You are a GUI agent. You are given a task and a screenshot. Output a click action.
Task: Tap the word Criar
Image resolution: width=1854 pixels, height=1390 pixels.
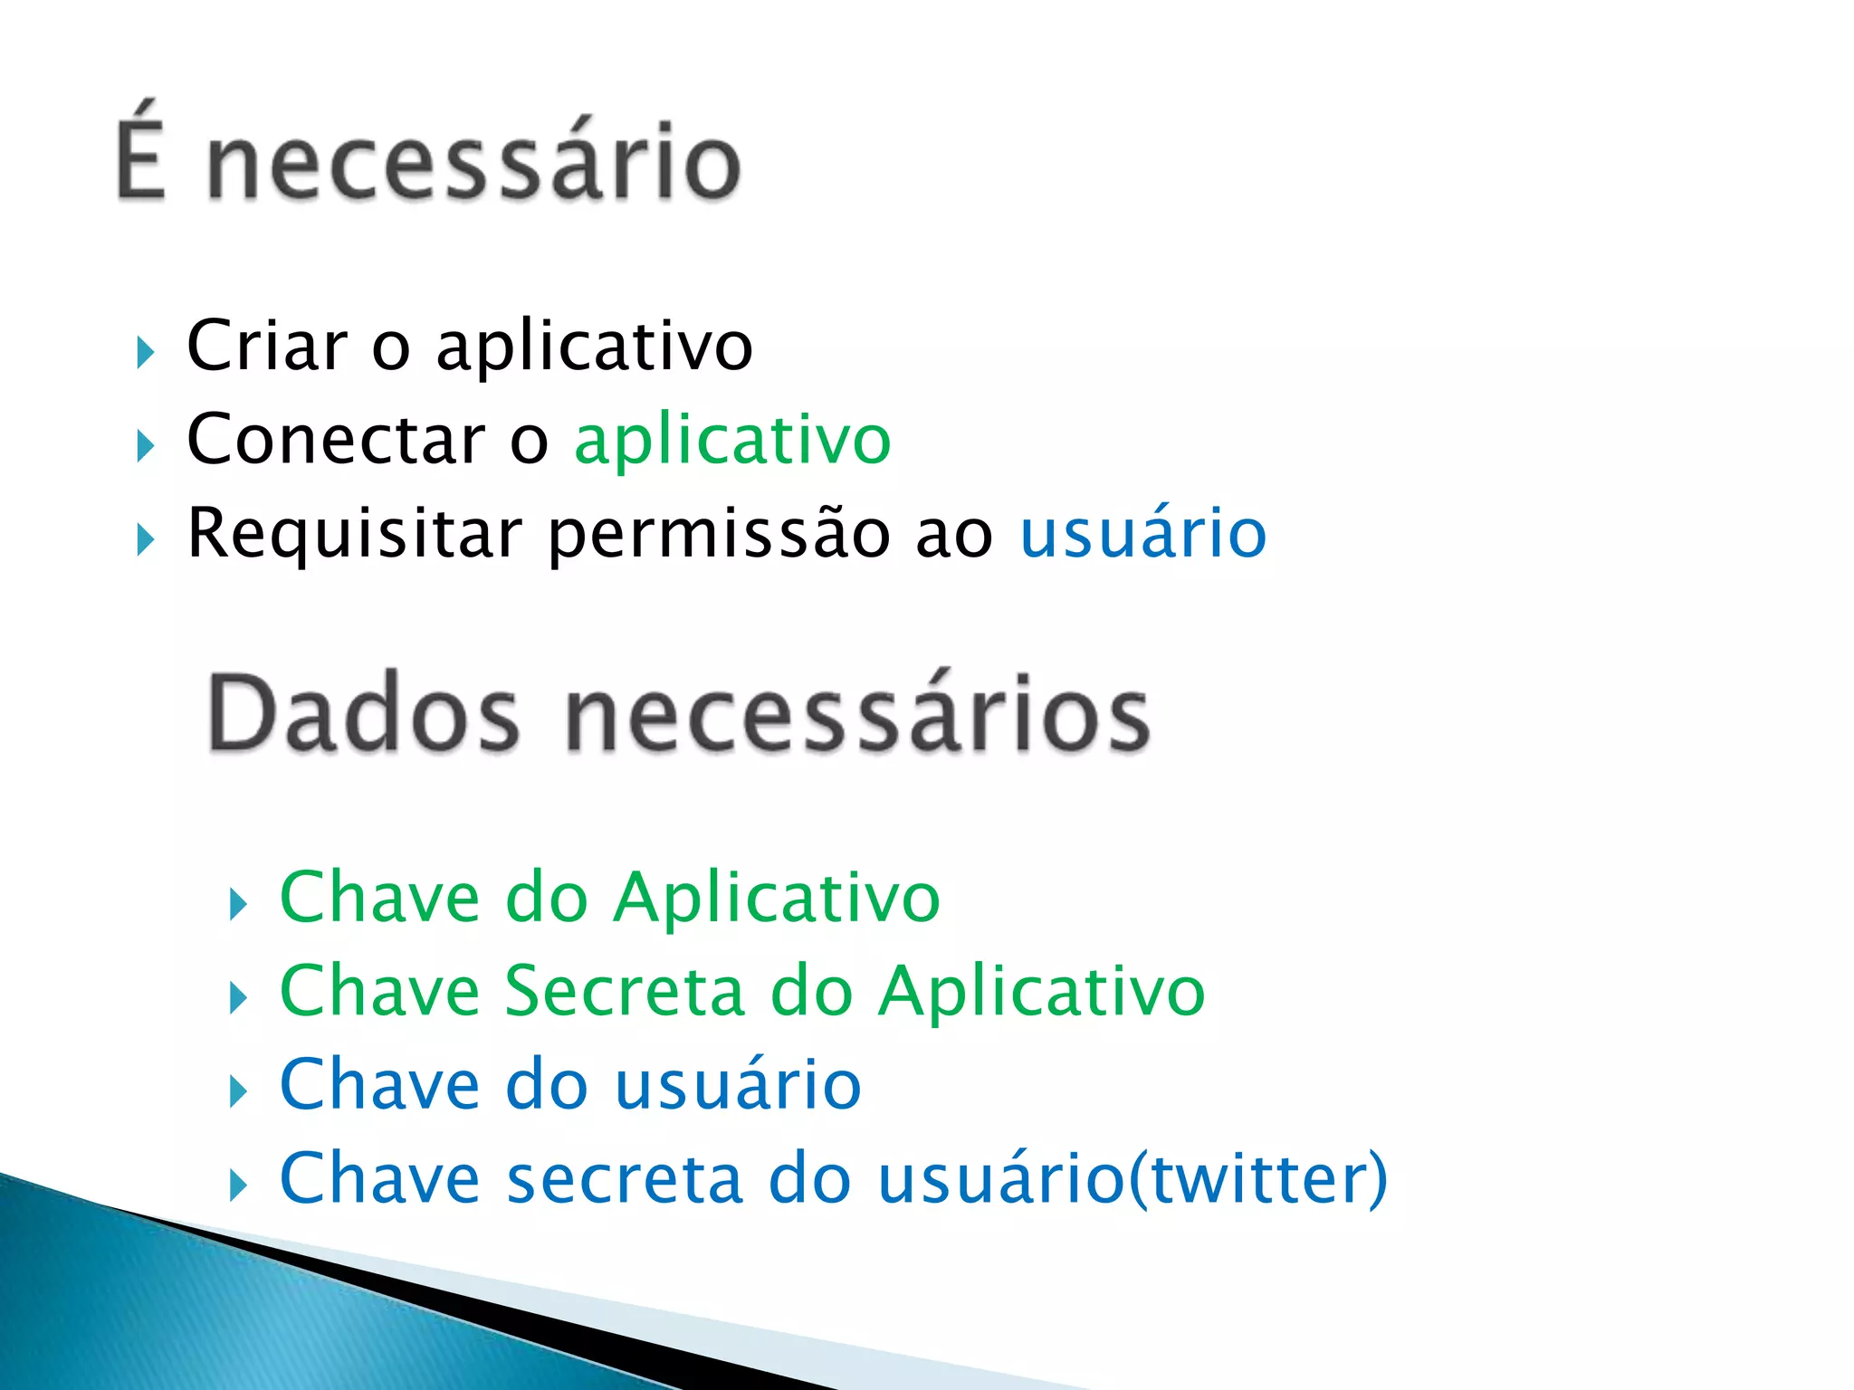pos(267,346)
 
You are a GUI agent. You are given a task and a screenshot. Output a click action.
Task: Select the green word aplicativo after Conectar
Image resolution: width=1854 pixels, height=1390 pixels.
pos(732,442)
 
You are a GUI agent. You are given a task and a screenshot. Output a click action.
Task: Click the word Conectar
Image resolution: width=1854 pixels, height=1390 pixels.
pos(337,440)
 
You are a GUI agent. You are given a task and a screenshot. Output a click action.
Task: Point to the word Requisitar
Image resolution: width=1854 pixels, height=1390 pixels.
pos(354,535)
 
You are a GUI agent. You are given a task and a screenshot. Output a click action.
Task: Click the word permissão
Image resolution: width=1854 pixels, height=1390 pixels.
pos(720,535)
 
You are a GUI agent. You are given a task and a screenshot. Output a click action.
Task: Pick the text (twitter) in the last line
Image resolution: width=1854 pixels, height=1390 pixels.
pos(1257,1179)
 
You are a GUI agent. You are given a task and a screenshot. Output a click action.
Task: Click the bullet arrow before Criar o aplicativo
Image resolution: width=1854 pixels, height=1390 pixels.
pos(145,352)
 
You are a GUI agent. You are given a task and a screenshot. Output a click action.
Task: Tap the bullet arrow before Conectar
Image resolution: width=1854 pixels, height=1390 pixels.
pos(145,446)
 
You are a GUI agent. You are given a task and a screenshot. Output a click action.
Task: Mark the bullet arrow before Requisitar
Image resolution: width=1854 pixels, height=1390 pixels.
pos(145,540)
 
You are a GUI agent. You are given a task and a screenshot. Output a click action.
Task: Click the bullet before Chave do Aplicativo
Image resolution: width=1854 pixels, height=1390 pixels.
pos(238,904)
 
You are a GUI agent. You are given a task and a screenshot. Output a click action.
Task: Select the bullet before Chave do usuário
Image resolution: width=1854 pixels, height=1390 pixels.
pos(238,1091)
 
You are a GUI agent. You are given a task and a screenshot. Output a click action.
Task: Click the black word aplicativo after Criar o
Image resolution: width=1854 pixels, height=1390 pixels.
pos(594,347)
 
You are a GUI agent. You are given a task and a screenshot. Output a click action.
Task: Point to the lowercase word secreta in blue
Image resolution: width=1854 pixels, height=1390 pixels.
pos(625,1179)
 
